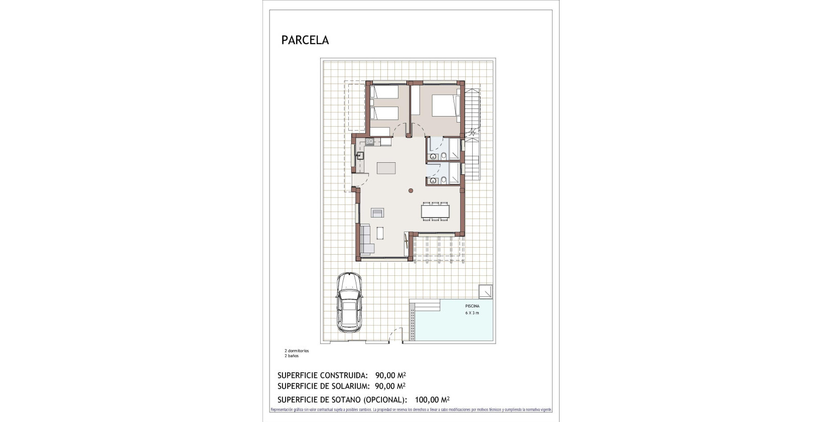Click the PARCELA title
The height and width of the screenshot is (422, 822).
(305, 40)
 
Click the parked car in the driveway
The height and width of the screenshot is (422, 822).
(349, 302)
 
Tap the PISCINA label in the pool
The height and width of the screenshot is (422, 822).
(472, 306)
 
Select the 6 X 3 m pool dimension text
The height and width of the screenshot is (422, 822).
(472, 313)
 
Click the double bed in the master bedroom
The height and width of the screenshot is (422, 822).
(446, 107)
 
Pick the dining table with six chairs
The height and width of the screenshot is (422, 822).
(435, 211)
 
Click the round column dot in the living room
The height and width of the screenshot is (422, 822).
(410, 190)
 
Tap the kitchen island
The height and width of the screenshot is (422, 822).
(386, 168)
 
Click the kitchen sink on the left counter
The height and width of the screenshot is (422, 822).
(359, 156)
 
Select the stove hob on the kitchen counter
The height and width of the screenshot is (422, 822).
(370, 142)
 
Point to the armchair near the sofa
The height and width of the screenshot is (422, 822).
(377, 213)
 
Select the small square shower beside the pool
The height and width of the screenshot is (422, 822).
(485, 291)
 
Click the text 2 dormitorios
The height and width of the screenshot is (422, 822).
(297, 351)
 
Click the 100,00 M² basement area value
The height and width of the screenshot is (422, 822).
(432, 400)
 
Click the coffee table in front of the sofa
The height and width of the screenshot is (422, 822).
(380, 234)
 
